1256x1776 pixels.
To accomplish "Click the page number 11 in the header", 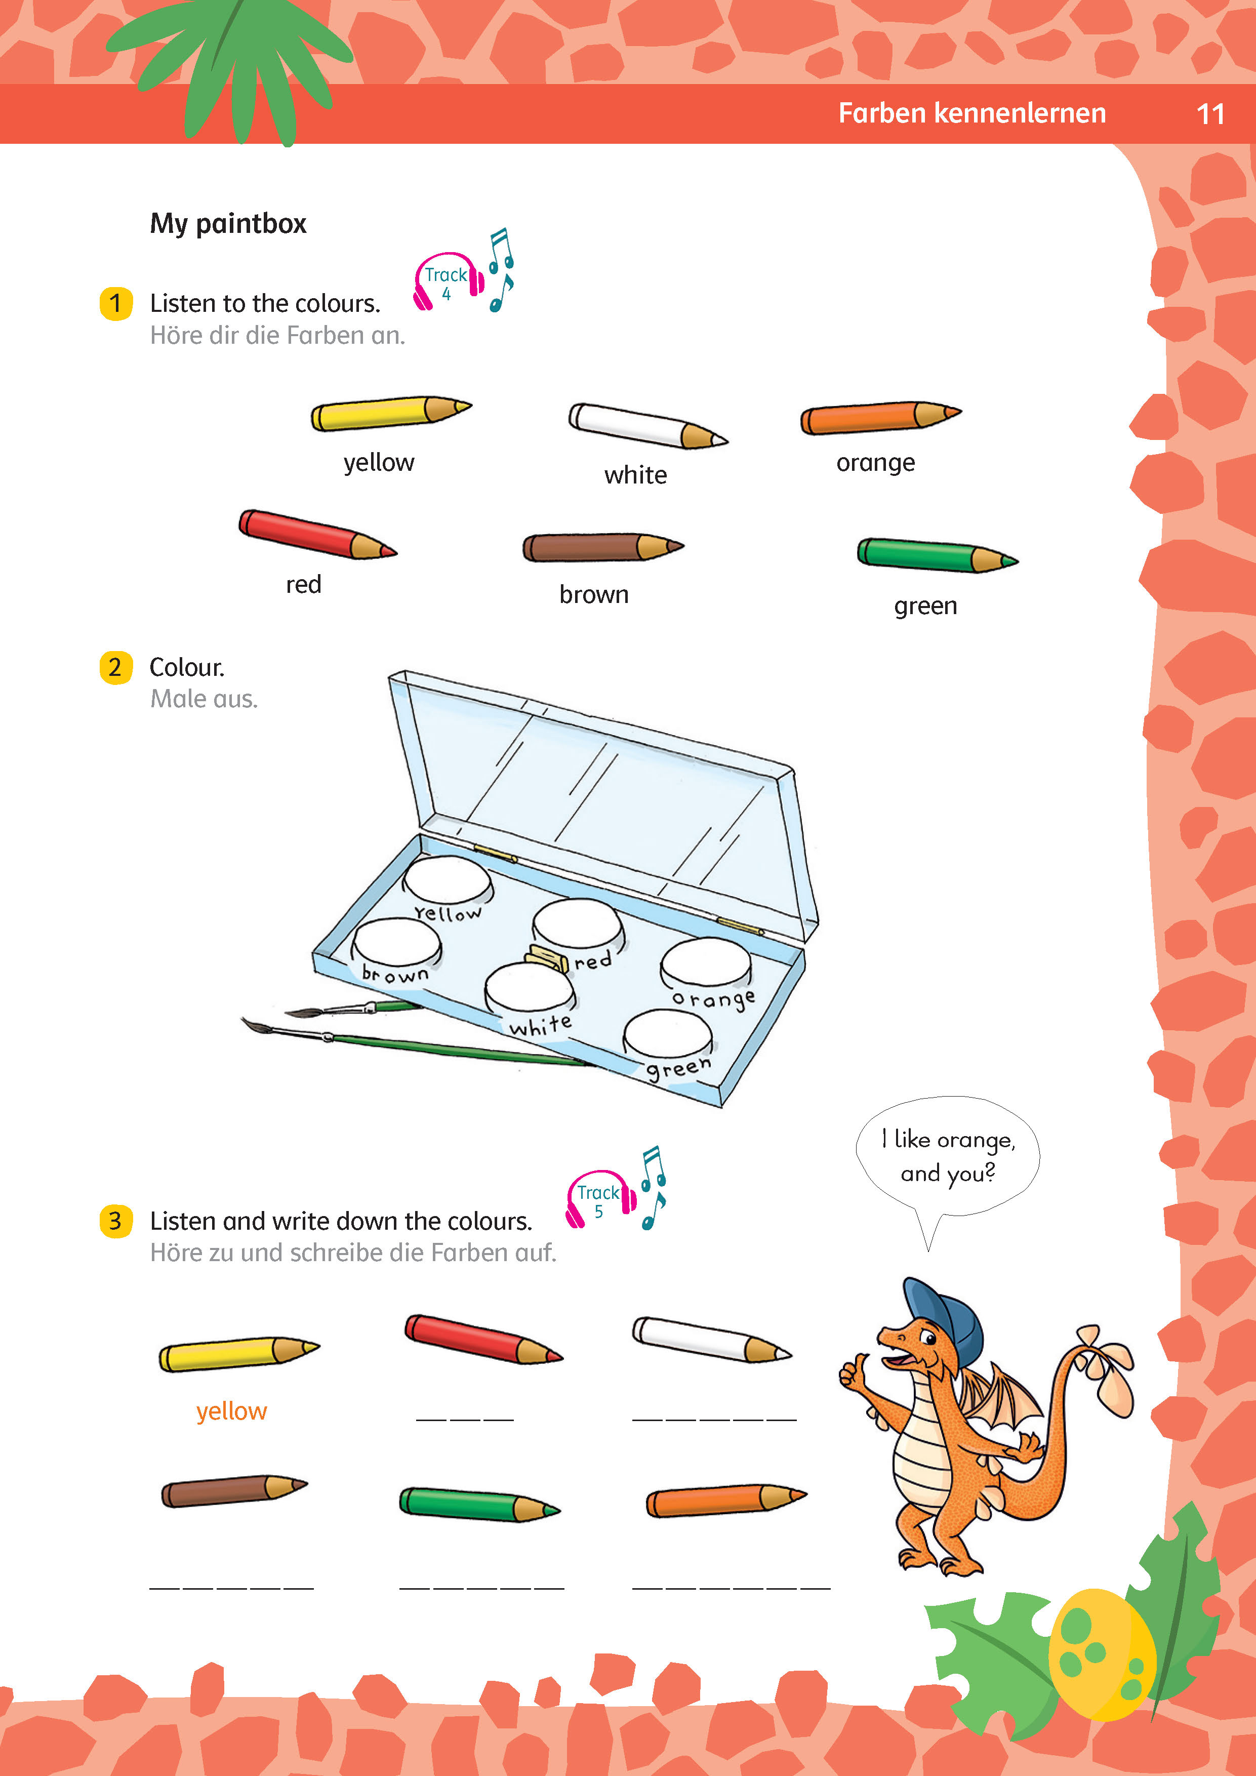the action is pos(1210,114).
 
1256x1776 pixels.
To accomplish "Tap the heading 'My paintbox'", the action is pos(228,224).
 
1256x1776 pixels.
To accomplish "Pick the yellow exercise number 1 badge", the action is pos(116,303).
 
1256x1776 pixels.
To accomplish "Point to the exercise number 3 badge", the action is pos(116,1222).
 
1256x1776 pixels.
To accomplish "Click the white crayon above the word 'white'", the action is pos(648,425).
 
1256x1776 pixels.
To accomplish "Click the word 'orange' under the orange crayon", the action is pos(875,463).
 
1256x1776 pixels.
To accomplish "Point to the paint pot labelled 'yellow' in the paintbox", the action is pos(448,880).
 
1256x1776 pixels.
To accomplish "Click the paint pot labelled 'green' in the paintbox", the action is pos(667,1034).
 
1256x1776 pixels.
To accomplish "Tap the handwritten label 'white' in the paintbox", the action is pos(541,1026).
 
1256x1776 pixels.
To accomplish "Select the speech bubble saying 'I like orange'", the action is pos(947,1156).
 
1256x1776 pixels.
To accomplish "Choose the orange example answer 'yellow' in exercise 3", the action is pos(231,1411).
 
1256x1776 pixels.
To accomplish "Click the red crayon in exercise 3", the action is pos(483,1338).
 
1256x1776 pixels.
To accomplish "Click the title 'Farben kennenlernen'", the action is pos(972,114).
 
